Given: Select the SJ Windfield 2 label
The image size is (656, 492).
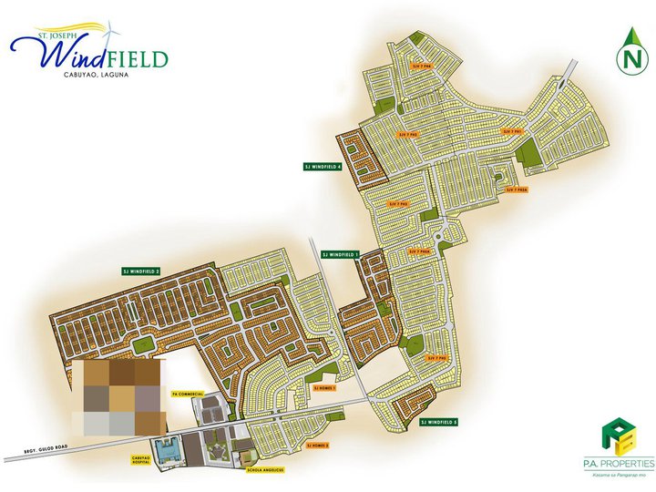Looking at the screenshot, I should click(140, 272).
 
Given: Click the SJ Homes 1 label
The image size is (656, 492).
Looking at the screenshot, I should click(324, 387).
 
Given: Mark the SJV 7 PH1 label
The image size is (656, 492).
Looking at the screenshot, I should click(513, 131).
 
